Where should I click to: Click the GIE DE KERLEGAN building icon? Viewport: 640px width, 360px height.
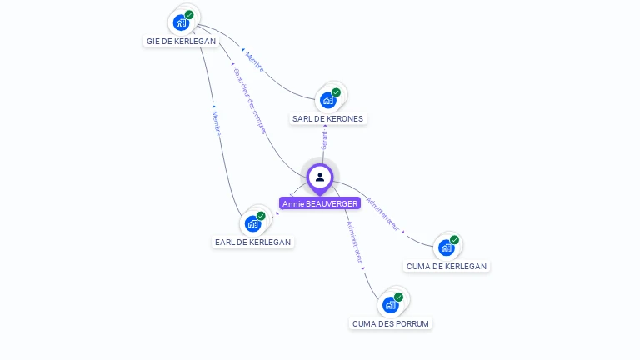coord(181,22)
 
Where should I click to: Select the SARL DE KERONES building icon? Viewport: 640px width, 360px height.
coord(327,100)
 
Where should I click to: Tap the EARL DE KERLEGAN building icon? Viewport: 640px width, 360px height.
coord(252,223)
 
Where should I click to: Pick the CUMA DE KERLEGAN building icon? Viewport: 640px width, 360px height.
coord(446,247)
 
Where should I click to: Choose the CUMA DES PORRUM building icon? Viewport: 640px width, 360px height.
coord(390,304)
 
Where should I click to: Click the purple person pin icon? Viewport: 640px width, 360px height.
coord(320,177)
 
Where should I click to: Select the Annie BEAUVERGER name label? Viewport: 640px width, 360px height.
coord(320,203)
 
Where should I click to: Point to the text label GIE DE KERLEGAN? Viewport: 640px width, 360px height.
coord(181,41)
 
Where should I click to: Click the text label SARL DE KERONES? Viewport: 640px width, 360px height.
coord(327,118)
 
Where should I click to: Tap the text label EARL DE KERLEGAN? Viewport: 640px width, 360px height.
coord(252,242)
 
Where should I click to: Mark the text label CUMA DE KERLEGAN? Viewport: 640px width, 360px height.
coord(446,266)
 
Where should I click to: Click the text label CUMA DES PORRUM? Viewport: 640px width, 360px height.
coord(392,323)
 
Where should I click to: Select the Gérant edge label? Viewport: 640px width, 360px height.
coord(324,139)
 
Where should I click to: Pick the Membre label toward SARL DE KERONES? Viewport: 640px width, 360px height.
coord(254,62)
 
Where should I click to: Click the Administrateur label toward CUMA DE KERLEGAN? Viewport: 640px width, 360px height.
coord(383,214)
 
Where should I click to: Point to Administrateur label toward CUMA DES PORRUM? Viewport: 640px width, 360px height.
coord(355,242)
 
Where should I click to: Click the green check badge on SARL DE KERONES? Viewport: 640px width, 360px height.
coord(336,92)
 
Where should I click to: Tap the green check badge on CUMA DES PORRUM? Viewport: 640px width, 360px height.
coord(398,297)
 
